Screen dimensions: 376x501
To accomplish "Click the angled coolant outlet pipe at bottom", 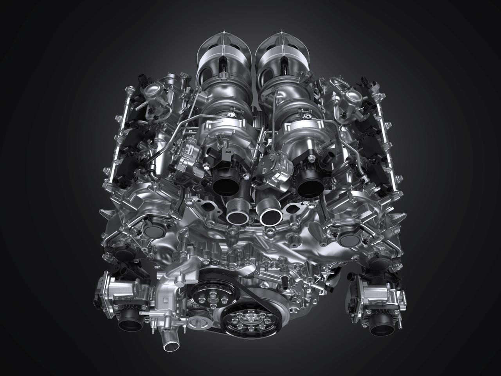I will point(169,345).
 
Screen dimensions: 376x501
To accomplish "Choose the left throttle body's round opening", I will point(129,324).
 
